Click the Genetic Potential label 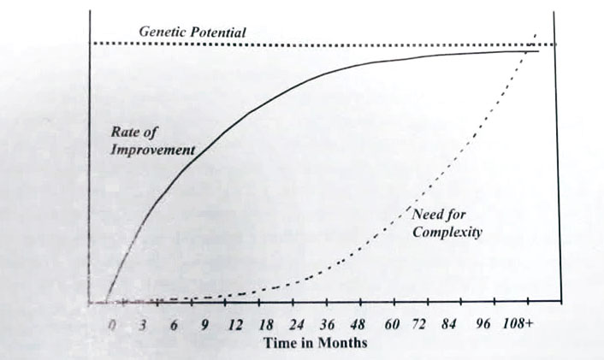tap(192, 32)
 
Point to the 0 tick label tap(111, 326)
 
